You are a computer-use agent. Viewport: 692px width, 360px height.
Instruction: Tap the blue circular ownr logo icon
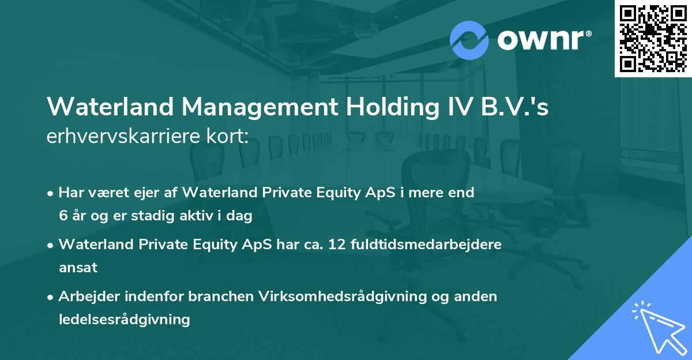coord(469,40)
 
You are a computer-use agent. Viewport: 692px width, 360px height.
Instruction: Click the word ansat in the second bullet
coord(78,268)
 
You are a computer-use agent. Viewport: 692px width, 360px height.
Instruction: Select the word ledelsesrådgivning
coord(124,319)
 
